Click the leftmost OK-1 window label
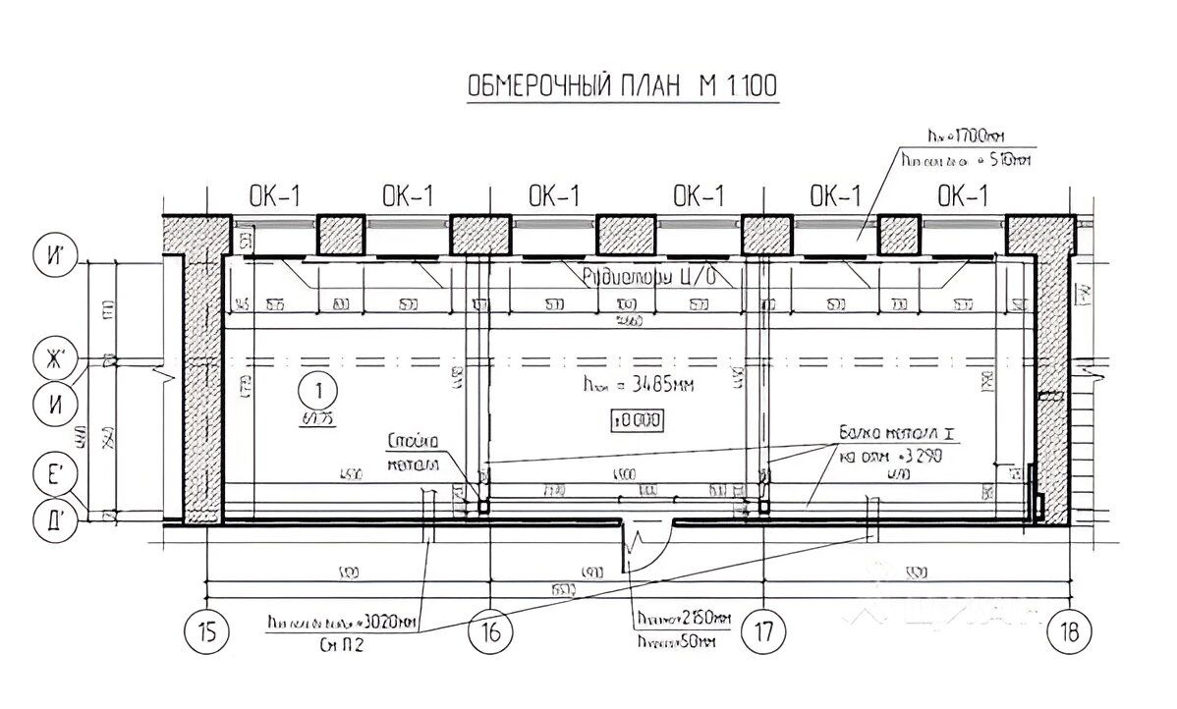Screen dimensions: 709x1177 tap(274, 196)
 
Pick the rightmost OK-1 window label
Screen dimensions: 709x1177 tap(962, 196)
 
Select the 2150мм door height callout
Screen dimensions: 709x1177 tap(683, 618)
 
